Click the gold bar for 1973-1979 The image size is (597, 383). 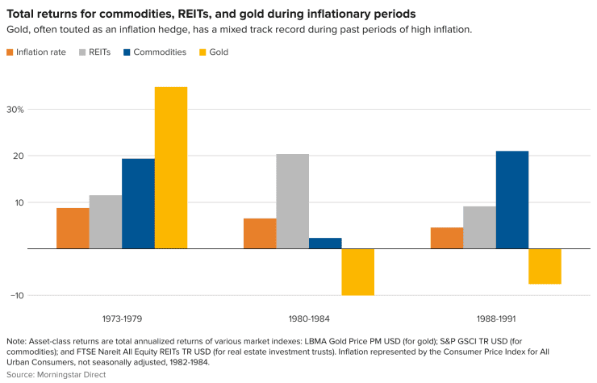pyautogui.click(x=171, y=168)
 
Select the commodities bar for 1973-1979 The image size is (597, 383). pyautogui.click(x=138, y=203)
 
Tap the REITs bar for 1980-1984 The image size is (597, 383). pyautogui.click(x=293, y=201)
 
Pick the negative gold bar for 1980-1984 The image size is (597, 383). pyautogui.click(x=357, y=272)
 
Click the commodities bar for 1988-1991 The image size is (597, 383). pyautogui.click(x=512, y=199)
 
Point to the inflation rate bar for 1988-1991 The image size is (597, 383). pyautogui.click(x=447, y=238)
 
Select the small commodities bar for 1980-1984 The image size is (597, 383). pyautogui.click(x=325, y=243)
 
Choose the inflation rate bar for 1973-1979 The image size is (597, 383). pyautogui.click(x=73, y=228)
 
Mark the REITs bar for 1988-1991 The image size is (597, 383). pyautogui.click(x=480, y=227)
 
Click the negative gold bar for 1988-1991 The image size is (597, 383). pyautogui.click(x=545, y=266)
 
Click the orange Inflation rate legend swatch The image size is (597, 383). pyautogui.click(x=10, y=52)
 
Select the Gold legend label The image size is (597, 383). pyautogui.click(x=218, y=52)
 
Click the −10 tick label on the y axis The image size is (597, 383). pyautogui.click(x=17, y=295)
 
